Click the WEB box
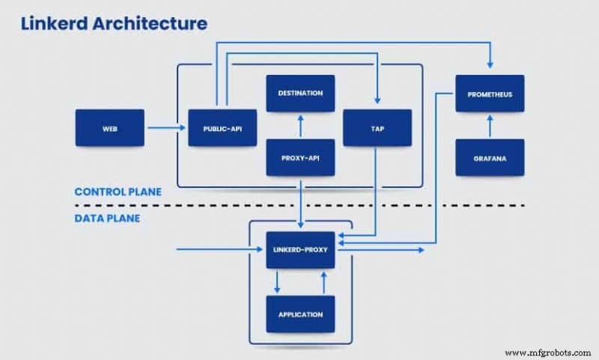[x=109, y=128]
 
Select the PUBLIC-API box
[x=222, y=128]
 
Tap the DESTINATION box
[x=300, y=94]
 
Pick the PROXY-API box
[x=300, y=157]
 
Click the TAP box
[x=377, y=128]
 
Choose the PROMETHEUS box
[x=490, y=94]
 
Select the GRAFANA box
[x=490, y=158]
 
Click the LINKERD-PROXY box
[x=300, y=250]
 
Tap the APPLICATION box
[x=300, y=314]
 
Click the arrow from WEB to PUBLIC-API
[x=165, y=128]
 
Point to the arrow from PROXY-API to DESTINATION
[x=300, y=126]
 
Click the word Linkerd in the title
[x=49, y=23]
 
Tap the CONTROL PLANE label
[x=118, y=192]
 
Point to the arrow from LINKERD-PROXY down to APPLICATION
[x=278, y=282]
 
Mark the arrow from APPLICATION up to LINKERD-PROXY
[x=323, y=282]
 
